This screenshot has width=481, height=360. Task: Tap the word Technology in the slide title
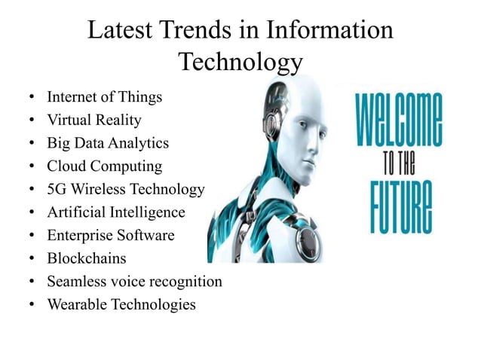coord(240,62)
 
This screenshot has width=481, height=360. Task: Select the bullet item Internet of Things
coord(104,97)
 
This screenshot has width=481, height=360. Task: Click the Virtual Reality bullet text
coord(93,120)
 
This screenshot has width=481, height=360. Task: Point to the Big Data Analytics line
coord(108,143)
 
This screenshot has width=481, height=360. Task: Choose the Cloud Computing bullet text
coord(104,166)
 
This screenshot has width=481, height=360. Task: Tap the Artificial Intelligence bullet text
coord(115,212)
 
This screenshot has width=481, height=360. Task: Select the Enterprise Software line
coord(110,235)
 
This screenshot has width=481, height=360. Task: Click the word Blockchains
coord(87,258)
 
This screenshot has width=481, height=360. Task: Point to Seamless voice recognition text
coord(134,282)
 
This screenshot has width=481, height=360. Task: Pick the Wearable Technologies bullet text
coord(121,304)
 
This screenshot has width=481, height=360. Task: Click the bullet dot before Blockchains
coord(29,259)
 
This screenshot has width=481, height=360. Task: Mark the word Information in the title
coord(329,31)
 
